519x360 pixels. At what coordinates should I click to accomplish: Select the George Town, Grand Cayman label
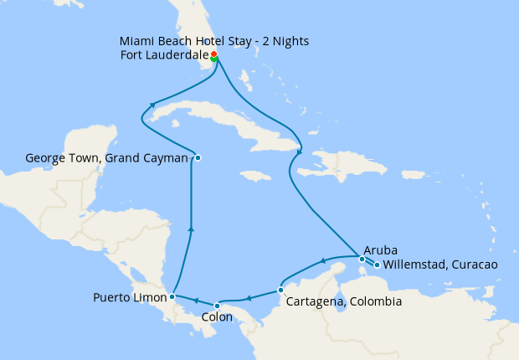coord(107,157)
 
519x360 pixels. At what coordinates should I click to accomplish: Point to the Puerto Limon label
coord(129,296)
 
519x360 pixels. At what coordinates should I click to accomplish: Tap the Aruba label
coord(380,250)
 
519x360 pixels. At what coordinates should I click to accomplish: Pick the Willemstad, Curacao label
coord(440,265)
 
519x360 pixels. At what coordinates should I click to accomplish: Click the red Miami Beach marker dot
coord(213,54)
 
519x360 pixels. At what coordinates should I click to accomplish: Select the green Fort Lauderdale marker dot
coord(214,59)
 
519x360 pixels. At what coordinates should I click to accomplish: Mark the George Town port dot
coord(198,157)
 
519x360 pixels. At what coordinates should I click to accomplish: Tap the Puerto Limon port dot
coord(172,296)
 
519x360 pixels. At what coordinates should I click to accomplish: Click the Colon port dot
coord(218,305)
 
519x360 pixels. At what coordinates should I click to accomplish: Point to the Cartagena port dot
coord(280,291)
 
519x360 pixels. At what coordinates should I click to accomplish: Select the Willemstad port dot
coord(377,265)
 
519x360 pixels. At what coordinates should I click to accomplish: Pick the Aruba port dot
coord(362,259)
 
